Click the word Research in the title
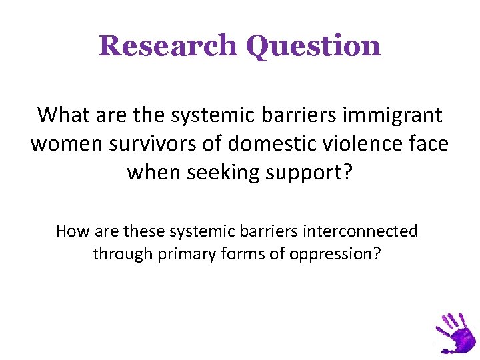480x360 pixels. pyautogui.click(x=167, y=46)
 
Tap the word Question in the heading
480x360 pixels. pyautogui.click(x=313, y=47)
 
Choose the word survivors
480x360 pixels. pyautogui.click(x=161, y=143)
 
